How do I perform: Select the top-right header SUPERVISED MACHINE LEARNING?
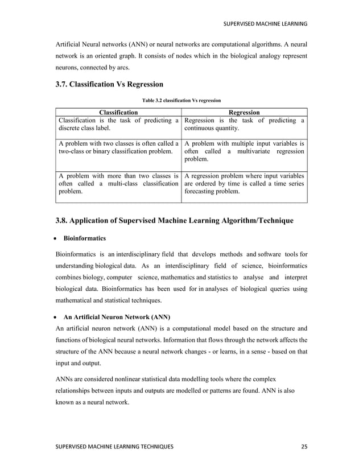point(265,23)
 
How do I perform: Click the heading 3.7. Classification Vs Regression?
point(109,84)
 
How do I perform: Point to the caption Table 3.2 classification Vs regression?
point(181,100)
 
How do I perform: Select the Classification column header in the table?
point(118,113)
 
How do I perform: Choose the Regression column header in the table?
point(244,113)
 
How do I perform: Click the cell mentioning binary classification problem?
point(118,148)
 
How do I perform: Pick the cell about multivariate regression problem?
point(244,152)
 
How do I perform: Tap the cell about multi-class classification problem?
point(118,184)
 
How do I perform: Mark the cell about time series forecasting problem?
point(244,184)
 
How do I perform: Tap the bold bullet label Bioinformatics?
point(84,239)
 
